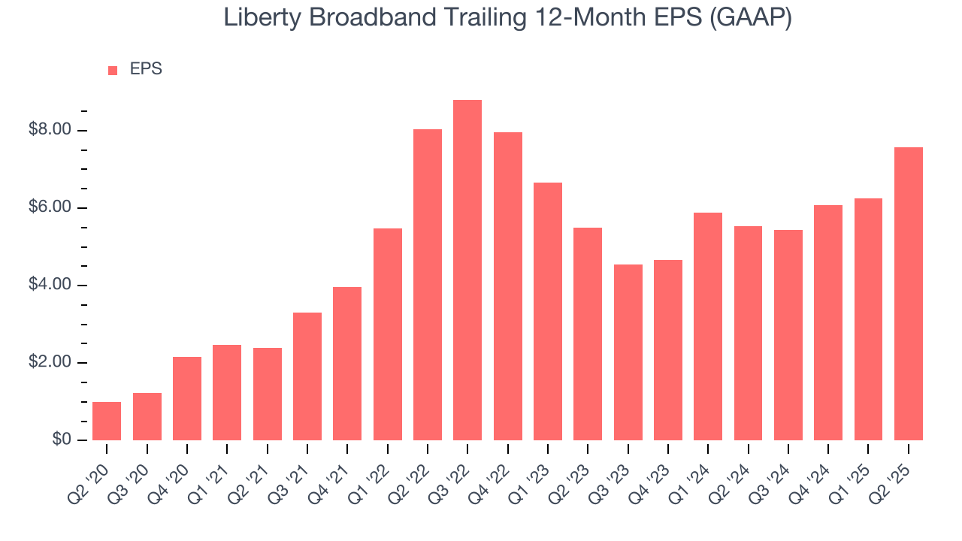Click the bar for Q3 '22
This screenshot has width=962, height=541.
tap(467, 270)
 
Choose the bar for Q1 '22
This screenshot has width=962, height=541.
tap(387, 334)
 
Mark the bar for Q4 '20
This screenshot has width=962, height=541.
tap(187, 398)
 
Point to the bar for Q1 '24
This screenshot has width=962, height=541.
tap(708, 326)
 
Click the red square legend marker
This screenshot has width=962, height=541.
tap(113, 71)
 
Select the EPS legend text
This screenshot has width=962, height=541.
tap(146, 70)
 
